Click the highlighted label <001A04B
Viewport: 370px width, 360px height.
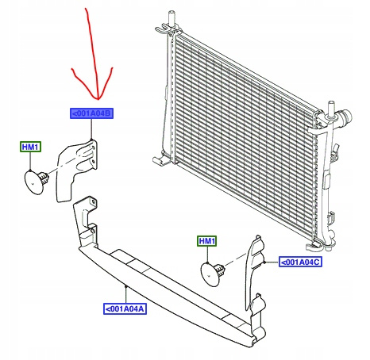coord(91,113)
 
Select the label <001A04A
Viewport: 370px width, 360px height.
coord(125,308)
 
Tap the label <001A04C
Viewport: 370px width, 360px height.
coord(300,262)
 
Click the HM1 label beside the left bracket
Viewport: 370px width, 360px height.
coord(30,147)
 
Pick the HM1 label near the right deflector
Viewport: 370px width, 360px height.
coord(207,241)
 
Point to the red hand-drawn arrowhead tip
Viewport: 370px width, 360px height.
coord(98,100)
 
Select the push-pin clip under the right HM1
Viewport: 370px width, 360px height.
coord(213,274)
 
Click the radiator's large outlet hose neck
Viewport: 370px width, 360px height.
coord(344,117)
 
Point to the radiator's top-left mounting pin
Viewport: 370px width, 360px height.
coord(172,18)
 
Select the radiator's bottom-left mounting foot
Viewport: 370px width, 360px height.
coord(160,159)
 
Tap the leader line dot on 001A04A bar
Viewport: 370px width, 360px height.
coord(126,286)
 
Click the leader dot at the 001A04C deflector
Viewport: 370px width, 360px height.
coord(264,262)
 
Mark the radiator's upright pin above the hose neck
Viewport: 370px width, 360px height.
coord(331,109)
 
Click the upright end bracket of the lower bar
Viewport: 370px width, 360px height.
coord(86,220)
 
